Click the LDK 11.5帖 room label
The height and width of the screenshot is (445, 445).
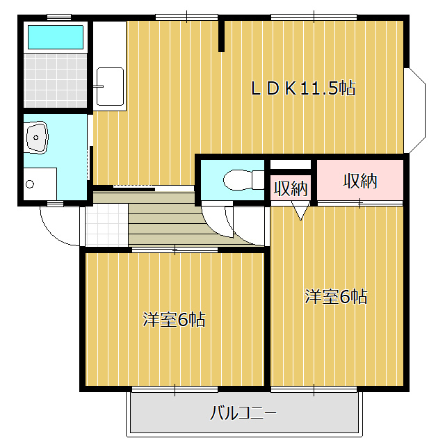(x=303, y=88)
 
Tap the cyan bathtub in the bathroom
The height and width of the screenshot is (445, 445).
(x=56, y=37)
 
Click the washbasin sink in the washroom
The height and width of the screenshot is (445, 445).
(x=37, y=138)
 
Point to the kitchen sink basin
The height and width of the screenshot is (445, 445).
(x=110, y=86)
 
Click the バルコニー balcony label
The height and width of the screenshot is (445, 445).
(x=243, y=413)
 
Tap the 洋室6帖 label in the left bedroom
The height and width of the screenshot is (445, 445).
(x=174, y=320)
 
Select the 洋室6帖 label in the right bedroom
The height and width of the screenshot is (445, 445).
(x=336, y=297)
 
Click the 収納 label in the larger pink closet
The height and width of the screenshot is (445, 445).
(x=360, y=181)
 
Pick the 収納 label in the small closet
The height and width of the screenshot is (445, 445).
(x=291, y=188)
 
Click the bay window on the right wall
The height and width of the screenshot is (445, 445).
(x=414, y=111)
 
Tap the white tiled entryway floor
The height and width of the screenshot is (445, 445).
(x=106, y=225)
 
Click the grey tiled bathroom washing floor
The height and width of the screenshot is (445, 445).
(x=55, y=81)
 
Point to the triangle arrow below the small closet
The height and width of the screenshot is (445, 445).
(x=300, y=211)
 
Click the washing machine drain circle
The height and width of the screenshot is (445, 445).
(x=30, y=184)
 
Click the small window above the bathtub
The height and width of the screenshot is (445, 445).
(x=59, y=17)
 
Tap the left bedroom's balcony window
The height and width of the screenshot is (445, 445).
(x=175, y=389)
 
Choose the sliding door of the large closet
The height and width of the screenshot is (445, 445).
(x=360, y=203)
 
